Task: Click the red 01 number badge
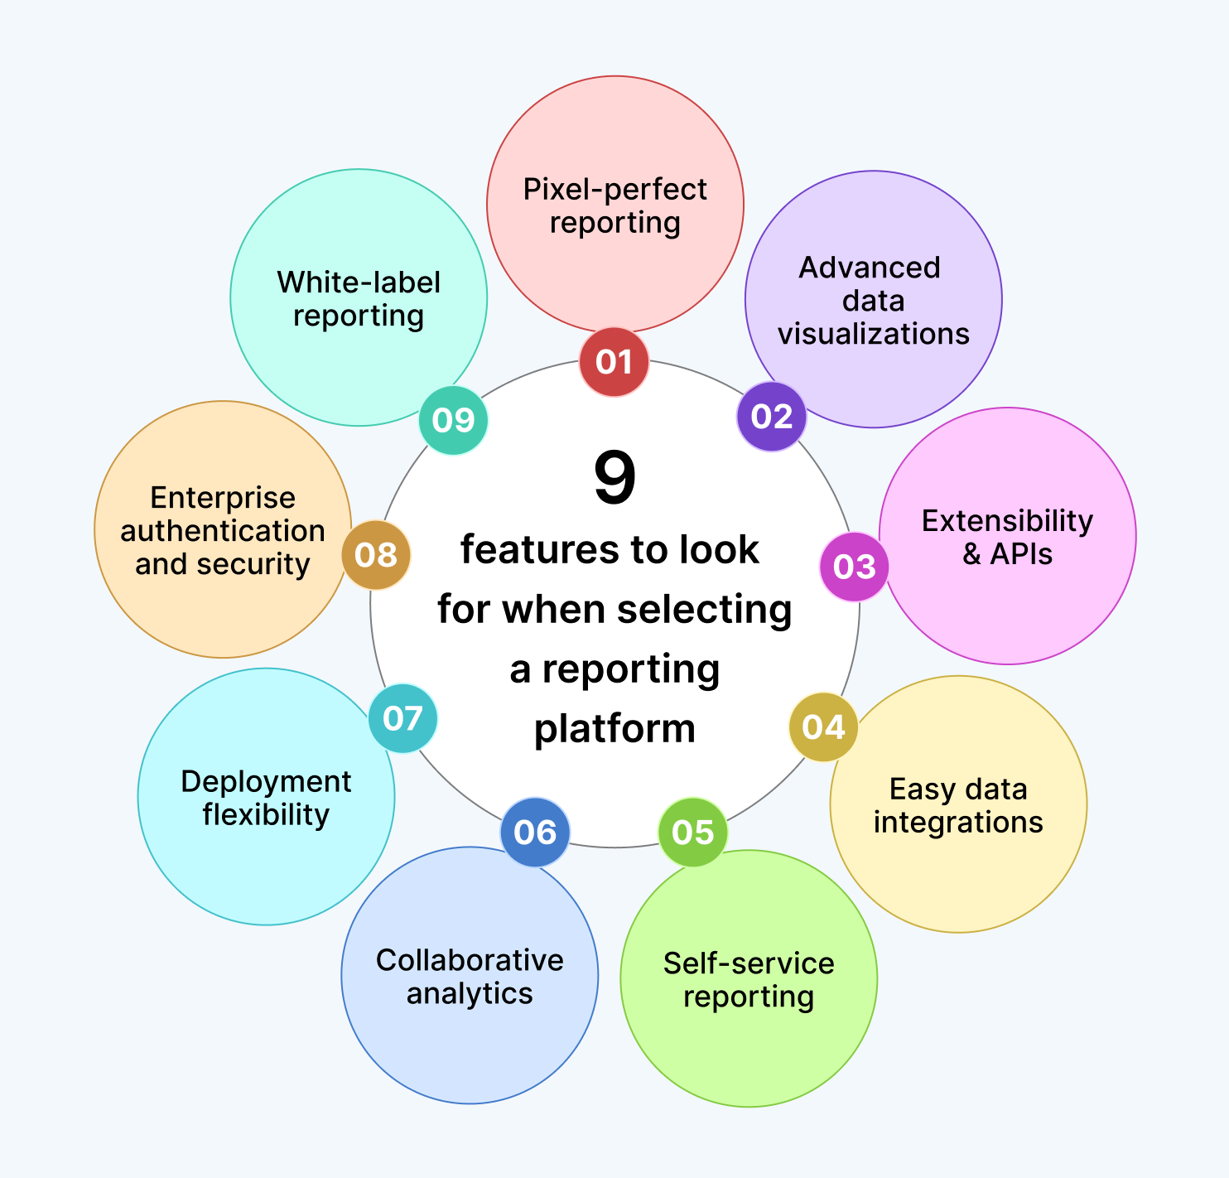pyautogui.click(x=614, y=362)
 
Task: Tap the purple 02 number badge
pyautogui.click(x=771, y=416)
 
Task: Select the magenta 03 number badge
pyautogui.click(x=854, y=567)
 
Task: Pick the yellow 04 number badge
pyautogui.click(x=823, y=727)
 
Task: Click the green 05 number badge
pyautogui.click(x=692, y=832)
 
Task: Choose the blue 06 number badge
pyautogui.click(x=535, y=832)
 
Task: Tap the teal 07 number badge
pyautogui.click(x=402, y=717)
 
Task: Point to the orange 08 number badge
pyautogui.click(x=376, y=554)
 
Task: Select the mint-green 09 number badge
pyautogui.click(x=453, y=420)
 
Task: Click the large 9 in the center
pyautogui.click(x=614, y=478)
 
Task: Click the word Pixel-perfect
pyautogui.click(x=614, y=190)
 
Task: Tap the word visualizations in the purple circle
pyautogui.click(x=873, y=334)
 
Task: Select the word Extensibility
pyautogui.click(x=1007, y=521)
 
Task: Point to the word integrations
pyautogui.click(x=958, y=823)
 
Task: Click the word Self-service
pyautogui.click(x=749, y=963)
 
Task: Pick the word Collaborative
pyautogui.click(x=470, y=960)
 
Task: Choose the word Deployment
pyautogui.click(x=266, y=782)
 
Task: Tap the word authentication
pyautogui.click(x=223, y=531)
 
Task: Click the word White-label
pyautogui.click(x=359, y=282)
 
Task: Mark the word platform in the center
pyautogui.click(x=614, y=729)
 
